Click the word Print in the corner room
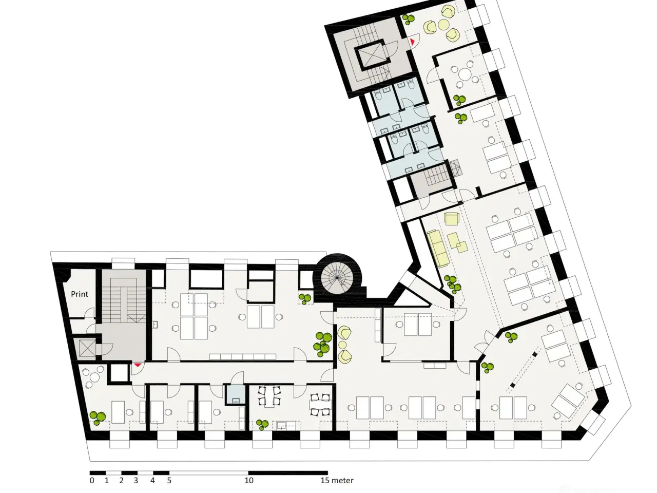80,294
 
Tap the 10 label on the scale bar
248,481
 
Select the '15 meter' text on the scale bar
337,481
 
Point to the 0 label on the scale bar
92,481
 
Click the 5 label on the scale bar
169,481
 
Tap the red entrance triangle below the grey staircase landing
137,365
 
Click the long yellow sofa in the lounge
437,248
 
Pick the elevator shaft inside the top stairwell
370,55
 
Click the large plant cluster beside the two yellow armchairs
322,343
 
